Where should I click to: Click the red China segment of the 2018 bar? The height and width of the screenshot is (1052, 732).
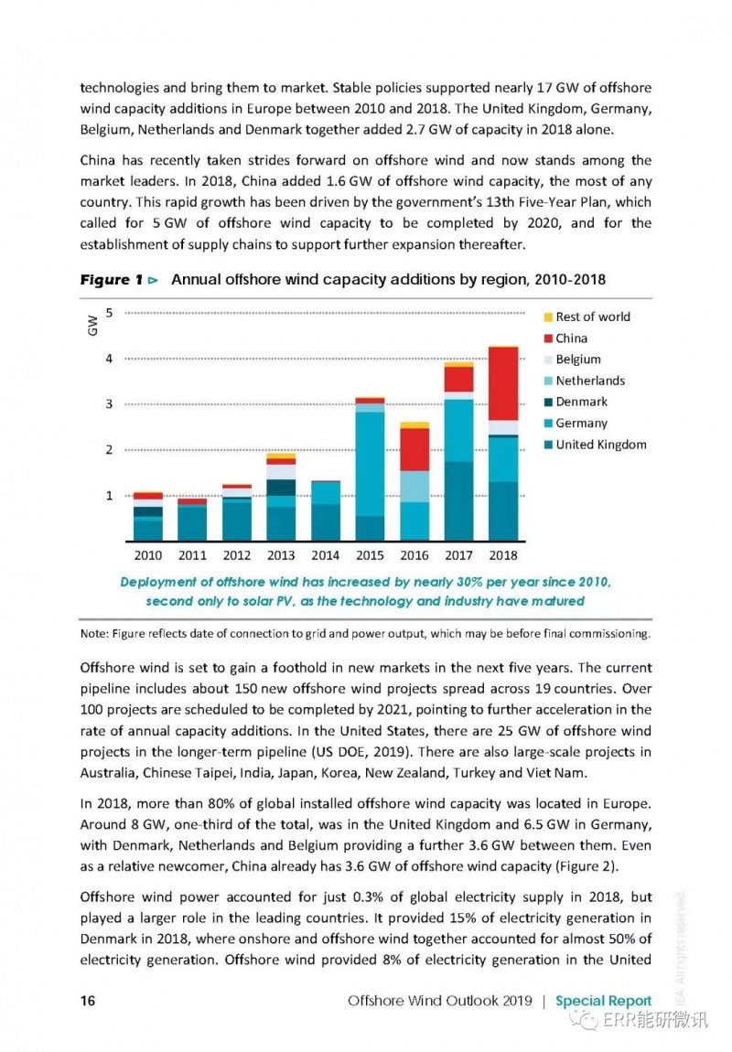(x=503, y=384)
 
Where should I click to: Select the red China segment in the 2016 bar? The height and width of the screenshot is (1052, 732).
(x=414, y=449)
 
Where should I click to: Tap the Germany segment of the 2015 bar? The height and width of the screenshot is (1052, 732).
(x=370, y=465)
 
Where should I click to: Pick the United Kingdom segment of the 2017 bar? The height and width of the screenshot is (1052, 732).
(x=459, y=501)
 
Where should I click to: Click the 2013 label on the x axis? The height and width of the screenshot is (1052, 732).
(x=281, y=555)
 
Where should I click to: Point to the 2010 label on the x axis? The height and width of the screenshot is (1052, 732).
(x=147, y=555)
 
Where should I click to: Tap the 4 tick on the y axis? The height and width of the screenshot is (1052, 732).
(x=110, y=359)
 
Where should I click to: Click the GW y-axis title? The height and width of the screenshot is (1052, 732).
(x=92, y=326)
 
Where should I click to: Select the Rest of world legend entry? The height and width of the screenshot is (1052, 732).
(x=587, y=317)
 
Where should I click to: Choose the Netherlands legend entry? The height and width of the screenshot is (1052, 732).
(x=585, y=381)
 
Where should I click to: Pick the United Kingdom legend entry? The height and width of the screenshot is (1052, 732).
(x=595, y=445)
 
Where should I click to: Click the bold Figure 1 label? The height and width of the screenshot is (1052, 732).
(x=112, y=280)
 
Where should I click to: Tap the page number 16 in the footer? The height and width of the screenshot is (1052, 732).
(x=88, y=1001)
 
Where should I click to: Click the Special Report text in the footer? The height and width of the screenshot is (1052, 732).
(x=603, y=1001)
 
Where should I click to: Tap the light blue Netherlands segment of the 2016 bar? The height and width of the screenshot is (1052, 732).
(x=414, y=487)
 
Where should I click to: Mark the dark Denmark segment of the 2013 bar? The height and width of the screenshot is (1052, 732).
(x=281, y=488)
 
